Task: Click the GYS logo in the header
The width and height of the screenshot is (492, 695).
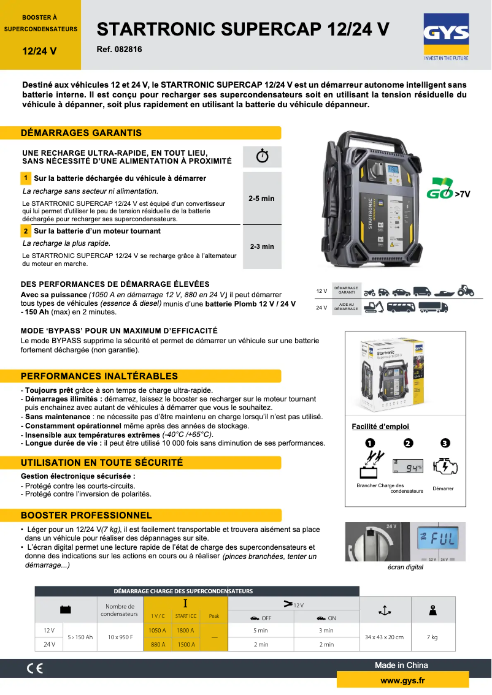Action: click(446, 35)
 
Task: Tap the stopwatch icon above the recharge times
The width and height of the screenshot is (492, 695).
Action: click(262, 156)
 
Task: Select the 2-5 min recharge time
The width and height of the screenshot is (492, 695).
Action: click(262, 199)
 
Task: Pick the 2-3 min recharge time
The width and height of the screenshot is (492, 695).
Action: click(262, 246)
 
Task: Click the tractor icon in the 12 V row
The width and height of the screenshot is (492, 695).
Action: click(466, 291)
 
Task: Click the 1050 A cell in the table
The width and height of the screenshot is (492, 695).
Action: click(158, 630)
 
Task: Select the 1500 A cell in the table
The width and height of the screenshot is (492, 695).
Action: click(185, 644)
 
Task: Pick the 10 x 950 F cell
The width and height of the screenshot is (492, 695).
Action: click(120, 637)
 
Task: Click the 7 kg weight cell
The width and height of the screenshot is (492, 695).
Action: click(432, 637)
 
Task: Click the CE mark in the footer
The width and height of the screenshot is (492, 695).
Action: click(35, 669)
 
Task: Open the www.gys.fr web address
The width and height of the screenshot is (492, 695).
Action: click(402, 680)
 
